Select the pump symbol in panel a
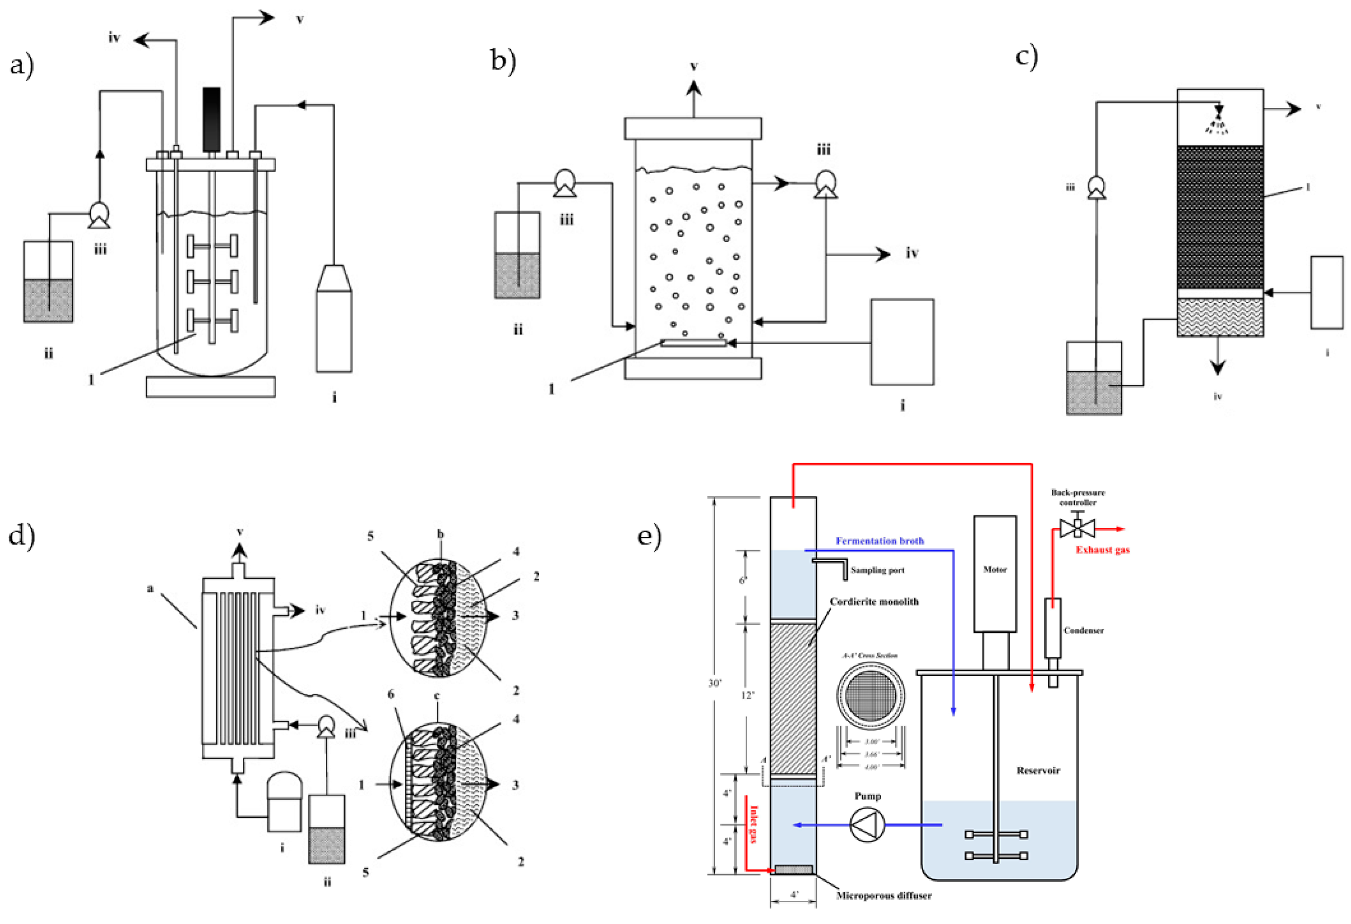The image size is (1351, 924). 99,216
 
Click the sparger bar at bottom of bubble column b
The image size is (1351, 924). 693,343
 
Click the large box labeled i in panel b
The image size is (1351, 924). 902,342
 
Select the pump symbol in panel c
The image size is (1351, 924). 1096,187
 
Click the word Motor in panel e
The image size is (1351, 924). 995,569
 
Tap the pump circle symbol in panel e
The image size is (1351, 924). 867,825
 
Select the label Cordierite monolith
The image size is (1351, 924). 874,601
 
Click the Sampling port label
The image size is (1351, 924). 877,570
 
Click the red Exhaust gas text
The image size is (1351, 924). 1102,550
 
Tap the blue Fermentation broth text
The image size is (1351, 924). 880,541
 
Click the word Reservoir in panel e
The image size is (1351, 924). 1038,770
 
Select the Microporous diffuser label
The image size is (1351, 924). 884,896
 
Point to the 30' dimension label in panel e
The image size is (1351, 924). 715,683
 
